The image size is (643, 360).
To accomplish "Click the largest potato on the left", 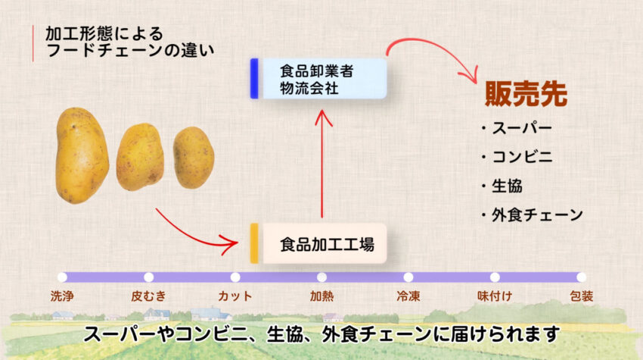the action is click(x=82, y=155).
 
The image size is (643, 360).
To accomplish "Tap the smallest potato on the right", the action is click(x=194, y=158).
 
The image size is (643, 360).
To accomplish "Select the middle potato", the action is click(x=140, y=157).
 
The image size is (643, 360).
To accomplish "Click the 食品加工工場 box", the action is click(x=318, y=244).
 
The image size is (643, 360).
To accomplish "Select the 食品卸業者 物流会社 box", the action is click(x=318, y=79).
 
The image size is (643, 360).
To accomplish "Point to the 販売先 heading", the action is click(x=527, y=94).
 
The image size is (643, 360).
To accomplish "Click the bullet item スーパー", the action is click(x=517, y=128).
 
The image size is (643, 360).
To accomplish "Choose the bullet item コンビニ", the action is click(x=517, y=157).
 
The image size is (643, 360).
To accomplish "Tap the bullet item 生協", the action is click(x=502, y=186).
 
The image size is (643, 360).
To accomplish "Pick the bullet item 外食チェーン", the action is click(x=532, y=215).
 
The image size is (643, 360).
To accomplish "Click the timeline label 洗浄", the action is click(x=62, y=296).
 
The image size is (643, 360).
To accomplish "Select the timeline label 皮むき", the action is click(x=148, y=296).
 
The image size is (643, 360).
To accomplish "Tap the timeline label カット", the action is click(x=235, y=296).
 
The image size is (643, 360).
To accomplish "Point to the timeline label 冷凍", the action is click(x=408, y=296).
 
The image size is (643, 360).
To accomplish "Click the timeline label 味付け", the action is click(x=495, y=296).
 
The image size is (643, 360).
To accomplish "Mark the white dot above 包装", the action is click(x=582, y=277).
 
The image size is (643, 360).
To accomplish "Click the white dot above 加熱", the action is click(x=322, y=277).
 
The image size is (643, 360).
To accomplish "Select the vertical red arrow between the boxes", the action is click(x=322, y=164).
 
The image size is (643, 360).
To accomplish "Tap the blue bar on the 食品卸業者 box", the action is click(x=254, y=79).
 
